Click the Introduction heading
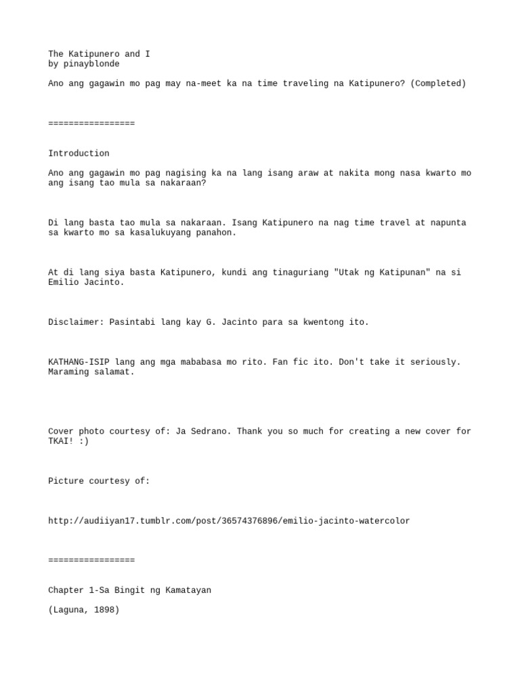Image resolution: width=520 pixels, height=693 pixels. point(79,153)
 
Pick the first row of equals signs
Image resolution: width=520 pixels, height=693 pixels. point(91,122)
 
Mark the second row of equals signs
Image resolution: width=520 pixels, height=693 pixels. point(91,560)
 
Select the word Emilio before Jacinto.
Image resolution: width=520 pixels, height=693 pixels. point(63,282)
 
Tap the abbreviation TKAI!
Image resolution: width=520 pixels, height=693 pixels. point(61,441)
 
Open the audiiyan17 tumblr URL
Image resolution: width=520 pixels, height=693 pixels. point(229,521)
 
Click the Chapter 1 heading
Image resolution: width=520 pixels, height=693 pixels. point(129,590)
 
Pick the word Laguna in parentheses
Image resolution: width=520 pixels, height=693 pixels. point(68,610)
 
